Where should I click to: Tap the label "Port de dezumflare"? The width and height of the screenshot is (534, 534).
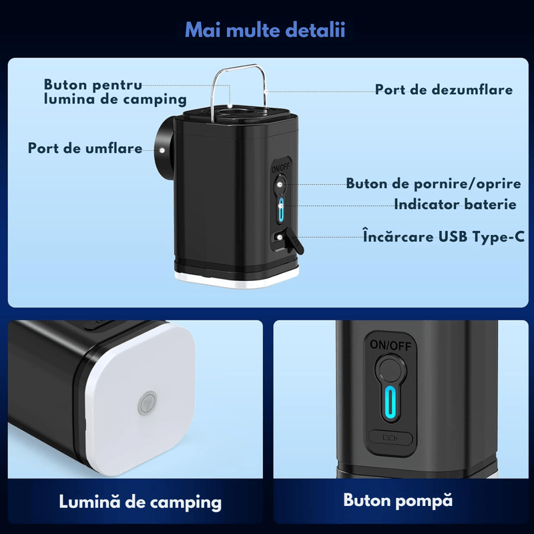[443, 89]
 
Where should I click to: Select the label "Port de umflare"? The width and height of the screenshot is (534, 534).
[85, 148]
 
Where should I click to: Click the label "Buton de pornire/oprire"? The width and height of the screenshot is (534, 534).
[431, 184]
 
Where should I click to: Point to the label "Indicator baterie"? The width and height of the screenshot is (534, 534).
[455, 204]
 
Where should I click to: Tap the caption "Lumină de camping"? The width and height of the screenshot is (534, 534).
[140, 501]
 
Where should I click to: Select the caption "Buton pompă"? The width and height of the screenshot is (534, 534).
[398, 500]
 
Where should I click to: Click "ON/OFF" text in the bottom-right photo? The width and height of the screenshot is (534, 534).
[390, 345]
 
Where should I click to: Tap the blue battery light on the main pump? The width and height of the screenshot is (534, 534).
[281, 212]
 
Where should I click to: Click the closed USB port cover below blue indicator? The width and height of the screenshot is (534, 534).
[390, 439]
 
